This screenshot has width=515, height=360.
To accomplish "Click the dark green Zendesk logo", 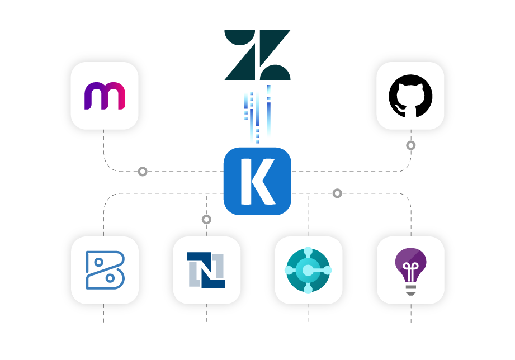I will coord(257,55).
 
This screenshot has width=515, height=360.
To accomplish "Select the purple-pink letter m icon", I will coord(105,96).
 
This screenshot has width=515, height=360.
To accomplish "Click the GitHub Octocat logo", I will coord(410,96).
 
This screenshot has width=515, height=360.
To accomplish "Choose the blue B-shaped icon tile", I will coord(105,270).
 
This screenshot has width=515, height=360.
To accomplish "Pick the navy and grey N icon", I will coord(206,270).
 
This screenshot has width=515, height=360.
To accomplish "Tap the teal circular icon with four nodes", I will coord(308,270).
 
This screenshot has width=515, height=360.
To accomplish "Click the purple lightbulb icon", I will coord(410,270).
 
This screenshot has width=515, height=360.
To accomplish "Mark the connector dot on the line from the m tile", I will coord(143,172).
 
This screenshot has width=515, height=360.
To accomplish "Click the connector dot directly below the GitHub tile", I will coord(411,145).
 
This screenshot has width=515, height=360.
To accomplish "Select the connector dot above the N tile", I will coord(206,220).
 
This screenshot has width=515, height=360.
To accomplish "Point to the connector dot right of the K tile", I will coord(337,193).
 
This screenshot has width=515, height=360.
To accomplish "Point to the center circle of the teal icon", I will coord(308,271).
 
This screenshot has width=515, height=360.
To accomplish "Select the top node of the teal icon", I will coord(308,251).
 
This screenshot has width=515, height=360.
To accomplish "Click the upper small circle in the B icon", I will coord(98,262).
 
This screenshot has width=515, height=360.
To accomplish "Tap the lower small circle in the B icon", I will coord(110,278).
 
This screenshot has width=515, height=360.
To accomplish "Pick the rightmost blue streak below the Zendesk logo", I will coord(269,112).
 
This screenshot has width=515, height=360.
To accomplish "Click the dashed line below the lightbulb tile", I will coord(411,314).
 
